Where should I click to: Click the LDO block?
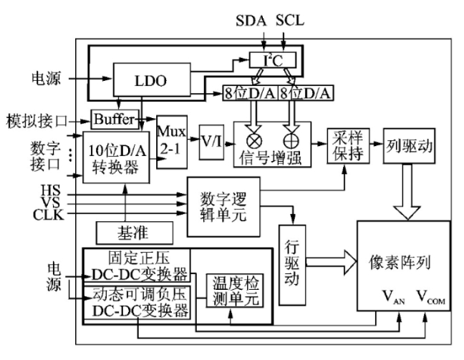coord(150,80)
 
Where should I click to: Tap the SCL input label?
coord(289,19)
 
